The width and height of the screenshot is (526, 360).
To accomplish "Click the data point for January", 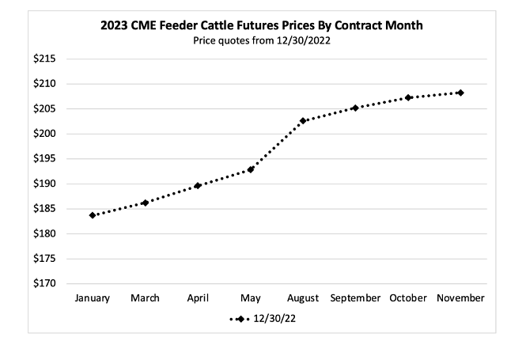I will (x=93, y=214).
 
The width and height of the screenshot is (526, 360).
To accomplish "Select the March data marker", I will (x=145, y=203).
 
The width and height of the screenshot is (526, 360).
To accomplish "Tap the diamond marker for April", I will (x=198, y=185).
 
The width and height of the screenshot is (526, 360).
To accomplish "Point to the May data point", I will (x=251, y=169).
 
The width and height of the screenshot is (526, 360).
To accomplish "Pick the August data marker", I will (x=303, y=120).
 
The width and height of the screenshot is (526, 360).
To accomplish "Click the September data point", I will (x=355, y=108).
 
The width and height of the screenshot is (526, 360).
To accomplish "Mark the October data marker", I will (x=408, y=97).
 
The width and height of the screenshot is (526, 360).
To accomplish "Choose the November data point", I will (x=460, y=93).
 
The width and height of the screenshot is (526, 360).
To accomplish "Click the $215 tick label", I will (x=47, y=59).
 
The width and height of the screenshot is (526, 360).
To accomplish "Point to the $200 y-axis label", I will (x=47, y=134).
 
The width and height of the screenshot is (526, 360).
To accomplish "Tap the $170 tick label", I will (x=47, y=283).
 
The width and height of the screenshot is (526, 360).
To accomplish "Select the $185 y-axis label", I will (x=47, y=209).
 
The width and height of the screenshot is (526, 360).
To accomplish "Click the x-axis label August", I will (x=303, y=298).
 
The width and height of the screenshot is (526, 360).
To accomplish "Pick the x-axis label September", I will (x=355, y=298).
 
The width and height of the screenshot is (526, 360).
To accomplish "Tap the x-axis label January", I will (x=93, y=298).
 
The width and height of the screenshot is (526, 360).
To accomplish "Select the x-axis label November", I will (x=460, y=298).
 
